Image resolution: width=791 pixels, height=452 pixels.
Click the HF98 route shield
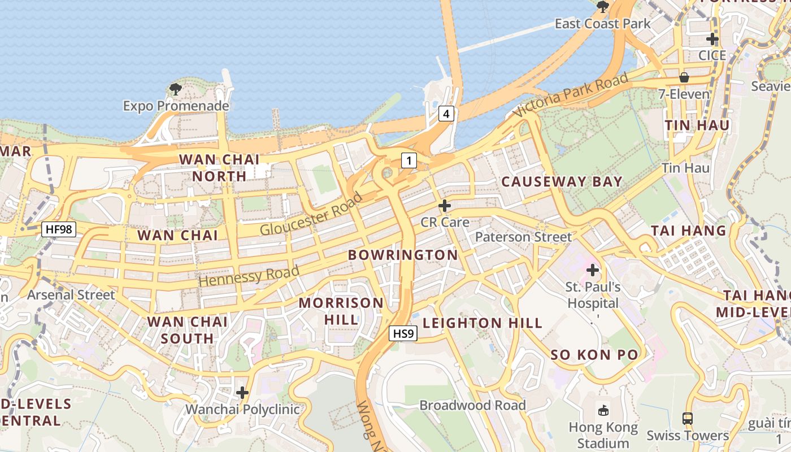(x=59, y=229)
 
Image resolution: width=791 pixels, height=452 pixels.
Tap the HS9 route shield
(x=404, y=334)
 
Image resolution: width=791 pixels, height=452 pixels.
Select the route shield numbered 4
(x=446, y=114)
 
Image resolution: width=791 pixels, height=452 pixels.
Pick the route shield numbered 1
(x=408, y=160)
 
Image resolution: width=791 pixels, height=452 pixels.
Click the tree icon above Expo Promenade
(x=176, y=89)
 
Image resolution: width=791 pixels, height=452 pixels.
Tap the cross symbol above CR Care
(x=445, y=205)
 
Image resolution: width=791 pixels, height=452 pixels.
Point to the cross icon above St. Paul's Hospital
(x=593, y=270)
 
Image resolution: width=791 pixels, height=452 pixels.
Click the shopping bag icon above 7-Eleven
(x=684, y=77)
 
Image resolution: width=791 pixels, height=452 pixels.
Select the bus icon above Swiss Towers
(x=688, y=419)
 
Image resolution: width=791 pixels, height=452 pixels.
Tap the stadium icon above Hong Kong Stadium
(x=603, y=410)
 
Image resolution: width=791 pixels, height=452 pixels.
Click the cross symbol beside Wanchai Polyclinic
(x=242, y=393)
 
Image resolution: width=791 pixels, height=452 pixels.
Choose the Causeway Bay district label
(x=562, y=182)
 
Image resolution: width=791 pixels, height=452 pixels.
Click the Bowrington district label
(x=403, y=255)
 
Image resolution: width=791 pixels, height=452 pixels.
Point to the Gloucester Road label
(x=311, y=215)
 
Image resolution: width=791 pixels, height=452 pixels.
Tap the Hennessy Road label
(x=249, y=275)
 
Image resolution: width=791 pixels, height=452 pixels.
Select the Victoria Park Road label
(x=571, y=94)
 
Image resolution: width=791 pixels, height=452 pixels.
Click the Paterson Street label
(x=523, y=237)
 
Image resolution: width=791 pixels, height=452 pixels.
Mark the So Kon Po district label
(x=594, y=355)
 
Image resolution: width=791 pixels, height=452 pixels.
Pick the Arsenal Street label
(x=71, y=294)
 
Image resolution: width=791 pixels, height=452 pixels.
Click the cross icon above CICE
(x=712, y=39)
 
